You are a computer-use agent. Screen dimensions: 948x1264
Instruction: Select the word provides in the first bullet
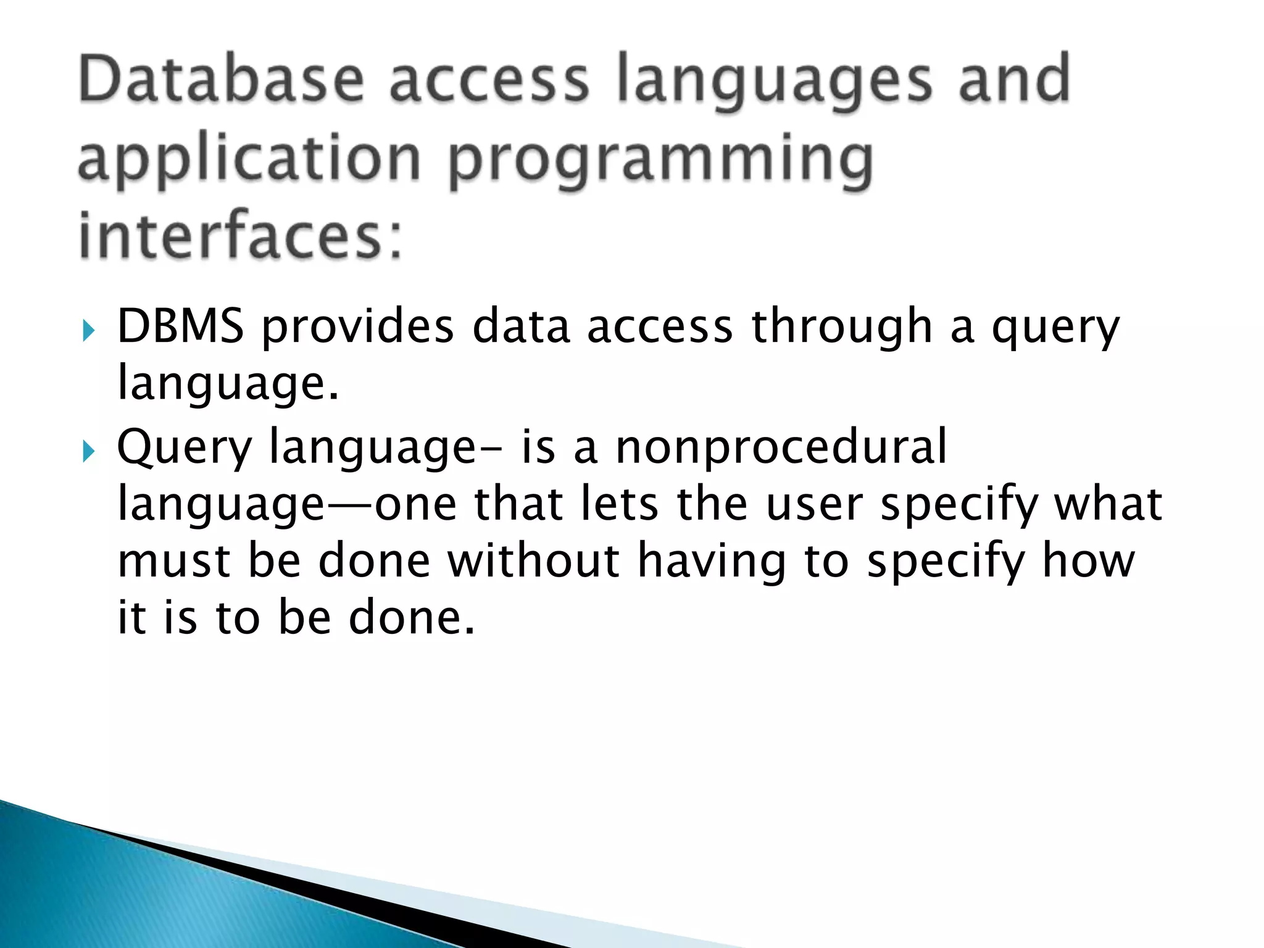click(358, 327)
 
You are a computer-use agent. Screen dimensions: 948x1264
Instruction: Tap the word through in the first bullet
click(841, 327)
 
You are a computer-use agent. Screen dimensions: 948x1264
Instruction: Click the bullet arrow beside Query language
click(89, 452)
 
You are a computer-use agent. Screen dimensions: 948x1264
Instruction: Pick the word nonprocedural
click(781, 447)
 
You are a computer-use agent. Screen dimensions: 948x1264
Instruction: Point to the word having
click(712, 562)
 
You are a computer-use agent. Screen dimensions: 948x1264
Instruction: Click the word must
click(174, 562)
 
